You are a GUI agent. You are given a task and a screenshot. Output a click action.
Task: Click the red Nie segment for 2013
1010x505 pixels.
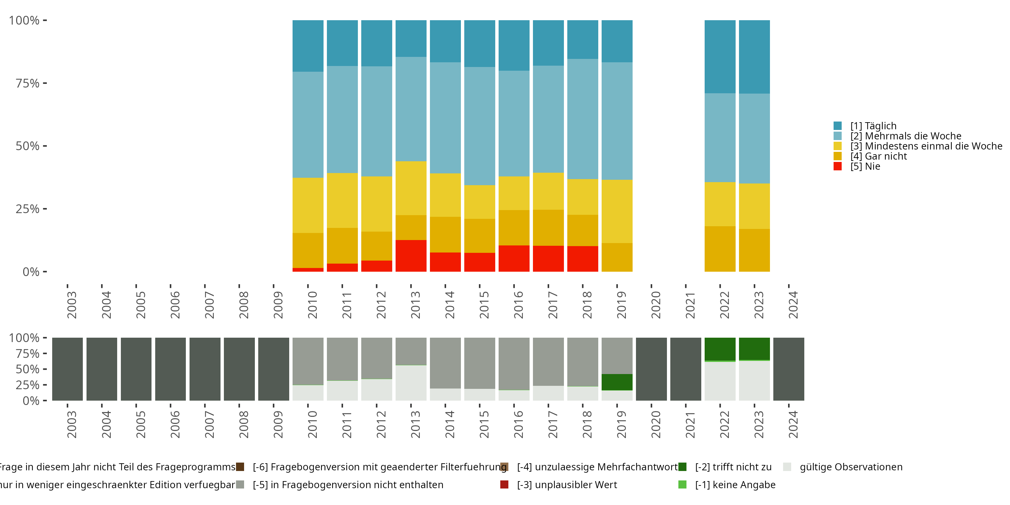pyautogui.click(x=411, y=256)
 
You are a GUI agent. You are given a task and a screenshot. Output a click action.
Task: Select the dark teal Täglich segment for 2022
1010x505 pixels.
pyautogui.click(x=720, y=57)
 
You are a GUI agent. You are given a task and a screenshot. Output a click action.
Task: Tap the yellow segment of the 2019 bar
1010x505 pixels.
pyautogui.click(x=617, y=211)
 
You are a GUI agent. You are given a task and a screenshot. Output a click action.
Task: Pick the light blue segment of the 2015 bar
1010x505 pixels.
pyautogui.click(x=479, y=126)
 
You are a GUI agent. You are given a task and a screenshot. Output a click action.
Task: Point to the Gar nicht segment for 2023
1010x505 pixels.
pyautogui.click(x=754, y=250)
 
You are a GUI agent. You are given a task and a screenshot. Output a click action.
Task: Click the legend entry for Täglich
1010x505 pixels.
pyautogui.click(x=873, y=126)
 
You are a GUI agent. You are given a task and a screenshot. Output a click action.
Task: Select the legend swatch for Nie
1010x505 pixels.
pyautogui.click(x=838, y=166)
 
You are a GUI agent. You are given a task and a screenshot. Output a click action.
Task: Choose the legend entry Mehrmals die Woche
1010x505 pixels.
pyautogui.click(x=906, y=136)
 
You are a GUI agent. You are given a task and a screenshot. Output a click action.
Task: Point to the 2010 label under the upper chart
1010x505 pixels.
pyautogui.click(x=312, y=305)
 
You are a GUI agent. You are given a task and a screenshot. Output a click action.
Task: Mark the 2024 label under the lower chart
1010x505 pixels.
pyautogui.click(x=793, y=424)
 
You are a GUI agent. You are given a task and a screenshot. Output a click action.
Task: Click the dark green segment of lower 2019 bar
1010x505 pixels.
pyautogui.click(x=617, y=382)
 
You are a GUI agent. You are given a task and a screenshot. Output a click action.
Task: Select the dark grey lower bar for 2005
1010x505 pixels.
pyautogui.click(x=136, y=369)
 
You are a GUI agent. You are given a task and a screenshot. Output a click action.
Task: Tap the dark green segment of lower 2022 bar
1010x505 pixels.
pyautogui.click(x=720, y=349)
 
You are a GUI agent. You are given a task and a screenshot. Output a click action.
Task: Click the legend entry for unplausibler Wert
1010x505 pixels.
pyautogui.click(x=567, y=484)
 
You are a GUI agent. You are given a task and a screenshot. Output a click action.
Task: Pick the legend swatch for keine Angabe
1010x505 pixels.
pyautogui.click(x=682, y=484)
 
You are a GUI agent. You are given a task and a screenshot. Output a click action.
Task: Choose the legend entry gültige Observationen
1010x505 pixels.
pyautogui.click(x=851, y=467)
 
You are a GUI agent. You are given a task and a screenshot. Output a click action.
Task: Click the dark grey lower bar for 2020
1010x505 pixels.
pyautogui.click(x=651, y=369)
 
